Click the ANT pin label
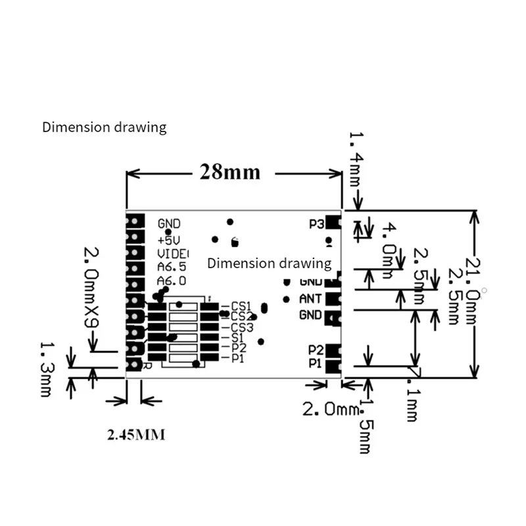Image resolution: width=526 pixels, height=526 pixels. point(310,299)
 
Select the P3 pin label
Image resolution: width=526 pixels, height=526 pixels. point(316,224)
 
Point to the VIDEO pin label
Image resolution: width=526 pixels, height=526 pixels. point(172,253)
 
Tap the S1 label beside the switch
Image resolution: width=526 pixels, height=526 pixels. point(237,337)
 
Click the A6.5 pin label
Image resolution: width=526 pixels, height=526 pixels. point(171,267)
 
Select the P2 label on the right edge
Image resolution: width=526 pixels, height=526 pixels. point(316,349)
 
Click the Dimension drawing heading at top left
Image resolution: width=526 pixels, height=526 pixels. point(104,127)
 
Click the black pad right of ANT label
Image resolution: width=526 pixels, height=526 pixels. point(333,299)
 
